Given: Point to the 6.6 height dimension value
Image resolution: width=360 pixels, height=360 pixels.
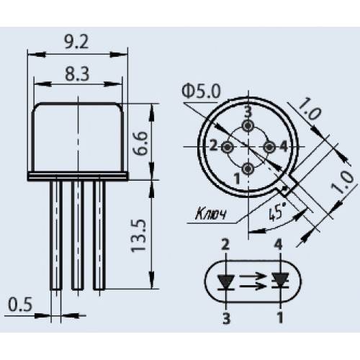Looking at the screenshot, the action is click(x=140, y=143).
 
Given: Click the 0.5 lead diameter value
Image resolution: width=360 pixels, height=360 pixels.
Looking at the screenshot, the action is click(x=20, y=305).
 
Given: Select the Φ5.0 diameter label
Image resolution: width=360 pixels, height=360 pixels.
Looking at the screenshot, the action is click(x=201, y=91).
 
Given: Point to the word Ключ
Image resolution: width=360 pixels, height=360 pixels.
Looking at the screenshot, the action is click(x=210, y=214).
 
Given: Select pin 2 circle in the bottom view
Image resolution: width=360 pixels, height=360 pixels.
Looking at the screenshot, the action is click(x=228, y=147).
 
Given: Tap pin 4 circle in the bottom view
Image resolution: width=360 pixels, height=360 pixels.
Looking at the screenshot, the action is click(x=269, y=147).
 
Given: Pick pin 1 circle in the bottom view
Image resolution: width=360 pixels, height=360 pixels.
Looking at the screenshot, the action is click(x=248, y=169).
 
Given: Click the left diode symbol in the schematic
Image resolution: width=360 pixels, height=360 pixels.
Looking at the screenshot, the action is click(x=226, y=282).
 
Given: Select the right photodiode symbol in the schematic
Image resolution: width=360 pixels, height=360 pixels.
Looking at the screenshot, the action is click(x=280, y=282).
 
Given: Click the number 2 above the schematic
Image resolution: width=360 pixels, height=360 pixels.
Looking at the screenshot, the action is click(x=225, y=246).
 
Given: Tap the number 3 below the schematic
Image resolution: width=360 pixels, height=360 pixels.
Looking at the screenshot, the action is click(x=226, y=318).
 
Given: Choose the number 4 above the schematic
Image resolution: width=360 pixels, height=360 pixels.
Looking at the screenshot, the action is click(x=279, y=246).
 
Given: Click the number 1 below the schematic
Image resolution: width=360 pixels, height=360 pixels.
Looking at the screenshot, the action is click(x=280, y=318).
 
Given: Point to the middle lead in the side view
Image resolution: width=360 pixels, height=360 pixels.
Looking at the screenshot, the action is click(x=78, y=235).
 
